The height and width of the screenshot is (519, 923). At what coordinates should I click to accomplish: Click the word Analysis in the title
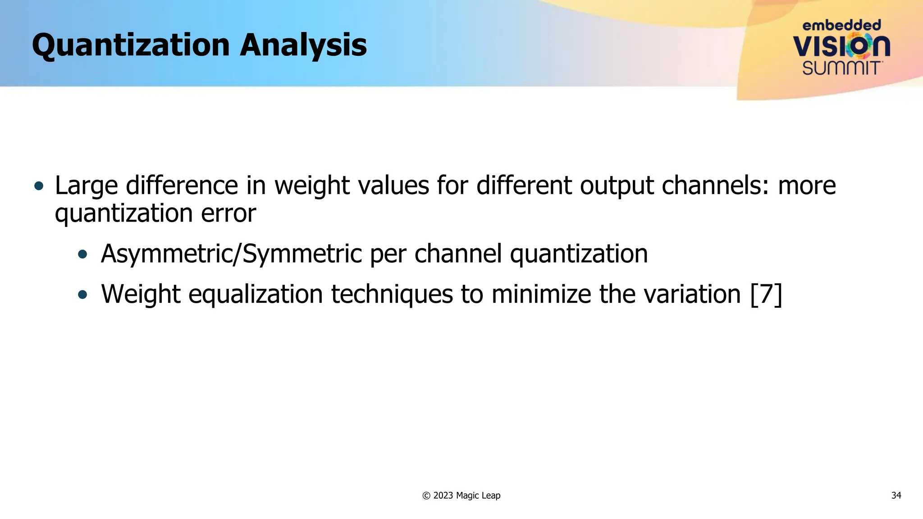point(303,46)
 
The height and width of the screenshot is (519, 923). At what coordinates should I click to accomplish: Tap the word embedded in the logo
point(841,25)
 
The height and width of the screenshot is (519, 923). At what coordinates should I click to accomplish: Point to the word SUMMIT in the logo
point(841,68)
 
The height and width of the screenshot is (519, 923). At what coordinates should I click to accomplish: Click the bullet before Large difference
point(39,186)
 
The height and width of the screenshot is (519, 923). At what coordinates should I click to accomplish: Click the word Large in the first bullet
point(86,186)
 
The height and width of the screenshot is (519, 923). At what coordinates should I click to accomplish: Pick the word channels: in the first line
point(715,186)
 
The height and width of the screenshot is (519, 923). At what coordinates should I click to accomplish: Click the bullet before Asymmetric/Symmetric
point(82,255)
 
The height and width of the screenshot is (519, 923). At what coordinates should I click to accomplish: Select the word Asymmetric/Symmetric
point(231,254)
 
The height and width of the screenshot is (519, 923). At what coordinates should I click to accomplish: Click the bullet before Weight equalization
point(82,295)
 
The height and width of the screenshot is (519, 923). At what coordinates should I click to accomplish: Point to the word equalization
point(255,295)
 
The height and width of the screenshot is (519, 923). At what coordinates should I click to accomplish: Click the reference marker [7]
point(766,295)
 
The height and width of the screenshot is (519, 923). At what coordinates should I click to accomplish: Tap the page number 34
point(896,496)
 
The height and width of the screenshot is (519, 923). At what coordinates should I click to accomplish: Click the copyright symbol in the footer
point(426,496)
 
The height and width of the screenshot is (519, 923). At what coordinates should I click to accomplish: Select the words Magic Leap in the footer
point(478,496)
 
